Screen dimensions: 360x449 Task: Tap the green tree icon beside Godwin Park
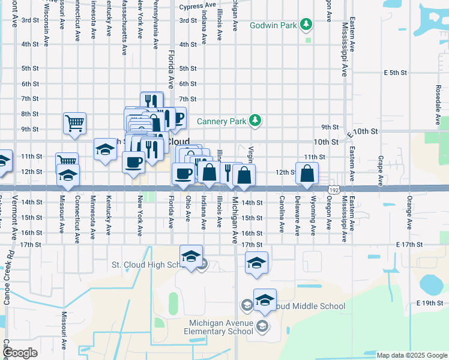tap(307, 23)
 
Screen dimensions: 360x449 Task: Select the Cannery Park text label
tap(221, 121)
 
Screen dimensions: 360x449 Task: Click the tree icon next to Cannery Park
tap(256, 121)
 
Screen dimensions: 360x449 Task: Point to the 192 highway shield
tap(334, 189)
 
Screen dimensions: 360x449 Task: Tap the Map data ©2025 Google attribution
tap(411, 355)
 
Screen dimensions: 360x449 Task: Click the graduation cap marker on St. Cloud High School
tap(191, 257)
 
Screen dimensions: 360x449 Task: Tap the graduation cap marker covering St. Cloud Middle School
tap(265, 301)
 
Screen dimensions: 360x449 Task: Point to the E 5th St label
tap(396, 73)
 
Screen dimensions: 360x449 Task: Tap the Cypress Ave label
tap(197, 5)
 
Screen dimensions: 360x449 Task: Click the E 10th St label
tap(366, 131)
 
